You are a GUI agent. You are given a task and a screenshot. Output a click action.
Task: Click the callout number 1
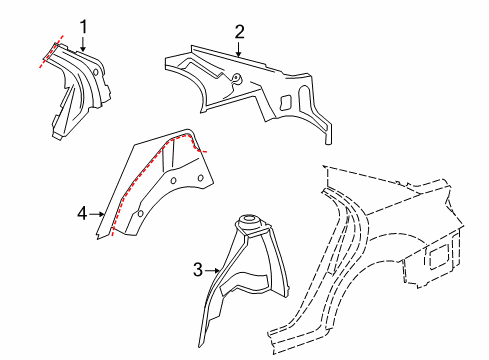click(x=83, y=27)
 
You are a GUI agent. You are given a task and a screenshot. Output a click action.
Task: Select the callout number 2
click(x=239, y=32)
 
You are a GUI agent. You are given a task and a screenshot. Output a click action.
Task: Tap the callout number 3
click(x=198, y=269)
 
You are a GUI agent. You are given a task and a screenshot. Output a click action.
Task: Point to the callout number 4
click(x=82, y=213)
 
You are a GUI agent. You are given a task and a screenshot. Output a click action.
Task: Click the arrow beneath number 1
click(x=83, y=43)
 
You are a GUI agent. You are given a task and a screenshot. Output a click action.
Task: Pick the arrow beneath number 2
click(x=238, y=48)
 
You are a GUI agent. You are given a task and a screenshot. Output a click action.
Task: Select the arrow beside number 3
click(x=212, y=271)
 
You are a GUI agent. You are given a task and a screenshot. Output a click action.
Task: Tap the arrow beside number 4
click(x=97, y=214)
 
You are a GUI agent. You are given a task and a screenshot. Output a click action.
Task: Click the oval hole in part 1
click(x=95, y=72)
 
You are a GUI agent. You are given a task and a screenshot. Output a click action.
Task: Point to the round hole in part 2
click(x=237, y=78)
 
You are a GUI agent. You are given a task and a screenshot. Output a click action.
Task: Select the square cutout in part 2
click(x=286, y=103)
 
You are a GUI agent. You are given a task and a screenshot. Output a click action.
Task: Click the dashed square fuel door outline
click(x=437, y=256)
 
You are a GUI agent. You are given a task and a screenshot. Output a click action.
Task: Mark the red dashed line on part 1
click(x=51, y=51)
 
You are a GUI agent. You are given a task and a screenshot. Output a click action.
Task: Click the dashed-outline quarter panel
click(x=383, y=233)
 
